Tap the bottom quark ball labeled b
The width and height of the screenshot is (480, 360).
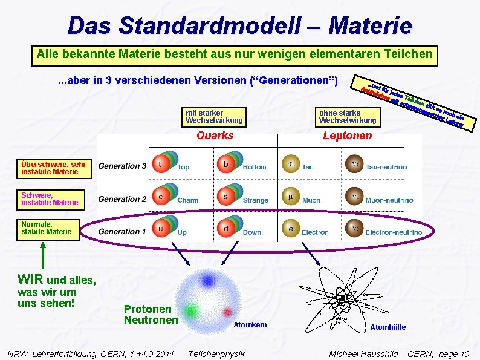225,163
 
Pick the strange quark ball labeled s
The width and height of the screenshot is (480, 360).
225,196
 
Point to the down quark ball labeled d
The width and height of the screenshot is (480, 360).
225,229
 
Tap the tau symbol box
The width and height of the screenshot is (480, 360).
291,164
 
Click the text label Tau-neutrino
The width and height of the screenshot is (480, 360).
386,167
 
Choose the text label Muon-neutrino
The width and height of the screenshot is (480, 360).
389,200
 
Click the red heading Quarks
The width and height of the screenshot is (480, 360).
215,136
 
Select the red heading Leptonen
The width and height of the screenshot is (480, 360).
348,136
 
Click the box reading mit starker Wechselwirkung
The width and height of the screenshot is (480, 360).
215,117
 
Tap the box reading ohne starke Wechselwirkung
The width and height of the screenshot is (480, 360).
348,117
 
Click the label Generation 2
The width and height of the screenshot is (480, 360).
122,199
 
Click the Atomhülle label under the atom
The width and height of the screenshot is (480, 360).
388,327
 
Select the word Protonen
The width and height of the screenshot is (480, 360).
147,309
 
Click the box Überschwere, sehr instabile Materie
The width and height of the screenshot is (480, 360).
54,168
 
